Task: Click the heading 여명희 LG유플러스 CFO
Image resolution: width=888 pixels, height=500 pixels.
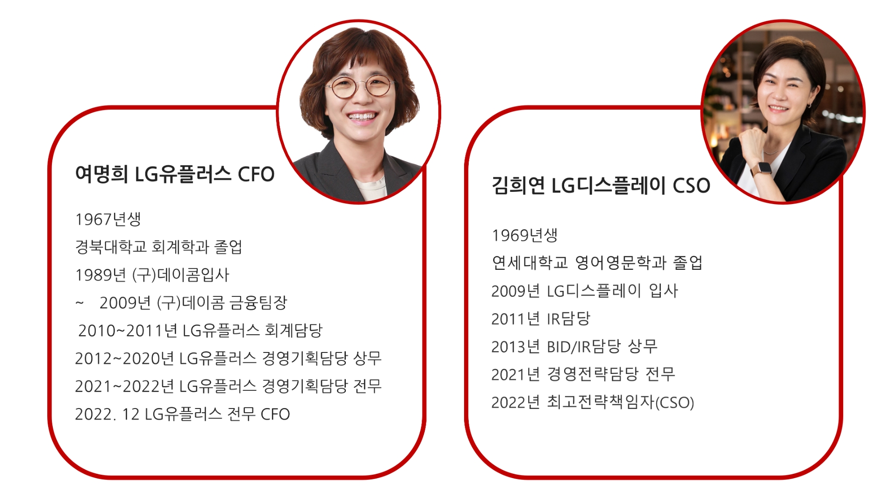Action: [x=174, y=174]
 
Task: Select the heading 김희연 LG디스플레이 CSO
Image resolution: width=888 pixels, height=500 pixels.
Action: [x=601, y=185]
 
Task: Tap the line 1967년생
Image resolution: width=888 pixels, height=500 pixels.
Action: [x=108, y=219]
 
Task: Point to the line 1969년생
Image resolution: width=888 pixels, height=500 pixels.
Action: [x=524, y=235]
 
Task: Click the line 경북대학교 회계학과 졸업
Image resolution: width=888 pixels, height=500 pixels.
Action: [x=158, y=246]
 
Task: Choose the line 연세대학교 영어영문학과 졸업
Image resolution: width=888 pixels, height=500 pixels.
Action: [x=597, y=262]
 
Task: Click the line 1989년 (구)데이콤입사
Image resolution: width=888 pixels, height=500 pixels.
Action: [x=152, y=275]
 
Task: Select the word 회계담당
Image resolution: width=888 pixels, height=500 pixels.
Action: [x=294, y=331]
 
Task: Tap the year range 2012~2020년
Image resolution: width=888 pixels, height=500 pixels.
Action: [x=124, y=358]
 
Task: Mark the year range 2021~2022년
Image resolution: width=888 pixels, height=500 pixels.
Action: [x=124, y=386]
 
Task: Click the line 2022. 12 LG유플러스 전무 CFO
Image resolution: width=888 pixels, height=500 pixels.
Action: [x=182, y=414]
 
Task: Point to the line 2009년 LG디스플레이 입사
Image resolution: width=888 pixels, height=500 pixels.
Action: [x=584, y=290]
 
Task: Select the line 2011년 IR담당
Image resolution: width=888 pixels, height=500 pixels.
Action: [x=541, y=318]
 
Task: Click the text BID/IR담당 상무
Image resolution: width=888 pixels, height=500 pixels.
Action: [x=602, y=346]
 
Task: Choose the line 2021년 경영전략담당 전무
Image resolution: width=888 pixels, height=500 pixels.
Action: [x=583, y=374]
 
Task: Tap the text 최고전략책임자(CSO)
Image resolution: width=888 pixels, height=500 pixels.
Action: [x=620, y=402]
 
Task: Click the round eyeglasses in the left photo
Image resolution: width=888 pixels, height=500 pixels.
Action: [x=359, y=87]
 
